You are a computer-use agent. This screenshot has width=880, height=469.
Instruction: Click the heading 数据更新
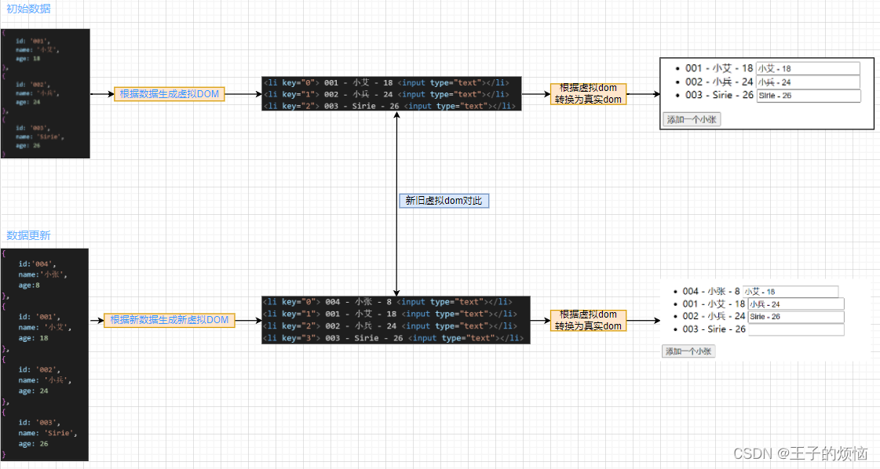[x=28, y=235]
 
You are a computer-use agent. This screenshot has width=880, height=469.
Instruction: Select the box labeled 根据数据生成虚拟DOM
[x=169, y=94]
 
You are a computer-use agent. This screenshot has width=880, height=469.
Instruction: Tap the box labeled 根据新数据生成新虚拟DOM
[x=169, y=320]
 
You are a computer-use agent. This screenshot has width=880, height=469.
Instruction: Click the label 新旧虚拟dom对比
[x=444, y=201]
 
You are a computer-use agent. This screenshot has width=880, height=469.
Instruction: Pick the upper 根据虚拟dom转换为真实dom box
[x=588, y=94]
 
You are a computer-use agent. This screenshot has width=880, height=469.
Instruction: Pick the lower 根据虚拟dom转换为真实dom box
[x=588, y=320]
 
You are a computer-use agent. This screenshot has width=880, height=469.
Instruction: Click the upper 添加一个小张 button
[x=691, y=119]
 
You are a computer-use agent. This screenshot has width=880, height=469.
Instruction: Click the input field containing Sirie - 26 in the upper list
[x=808, y=96]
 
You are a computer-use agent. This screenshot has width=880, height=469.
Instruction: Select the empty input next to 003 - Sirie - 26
[x=795, y=329]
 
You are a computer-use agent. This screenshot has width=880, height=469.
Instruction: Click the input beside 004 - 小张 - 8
[x=791, y=292]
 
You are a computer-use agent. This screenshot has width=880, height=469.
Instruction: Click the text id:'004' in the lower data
[x=37, y=264]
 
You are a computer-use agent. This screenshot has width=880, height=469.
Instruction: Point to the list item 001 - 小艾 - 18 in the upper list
[x=718, y=69]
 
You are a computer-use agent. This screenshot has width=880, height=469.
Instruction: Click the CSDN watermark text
[x=800, y=453]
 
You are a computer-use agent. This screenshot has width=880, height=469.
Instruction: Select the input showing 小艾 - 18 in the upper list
[x=808, y=69]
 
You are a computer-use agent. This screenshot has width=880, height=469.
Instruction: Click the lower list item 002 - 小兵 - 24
[x=714, y=316]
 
